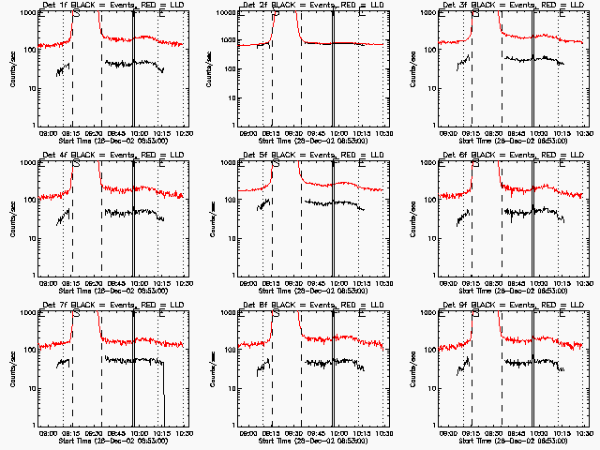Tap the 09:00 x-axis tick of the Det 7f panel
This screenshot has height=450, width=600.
coord(51,433)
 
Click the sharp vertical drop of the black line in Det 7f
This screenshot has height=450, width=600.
coord(164,394)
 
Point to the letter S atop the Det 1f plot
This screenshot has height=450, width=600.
coord(76,15)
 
